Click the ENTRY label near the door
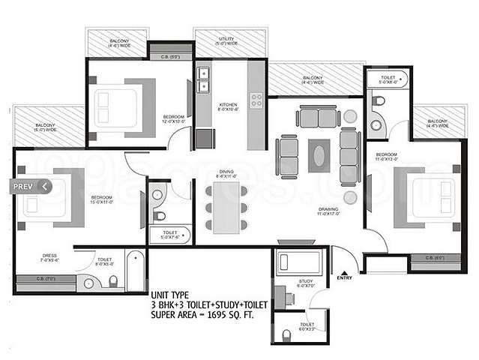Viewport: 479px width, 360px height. click(x=344, y=278)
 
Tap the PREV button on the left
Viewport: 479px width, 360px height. click(x=28, y=186)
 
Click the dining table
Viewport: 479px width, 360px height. click(x=226, y=206)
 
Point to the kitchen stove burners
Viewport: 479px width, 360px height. click(x=256, y=99)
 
